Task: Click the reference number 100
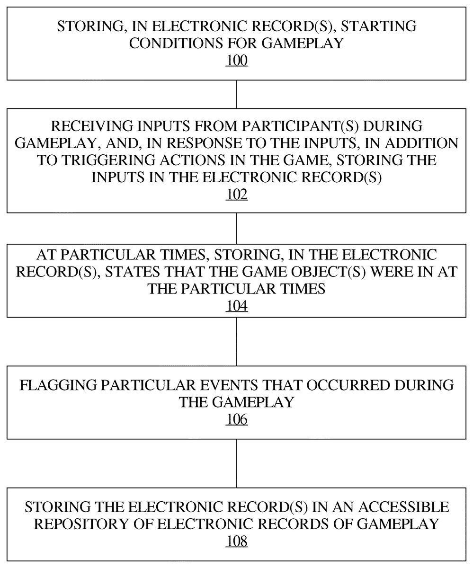237,61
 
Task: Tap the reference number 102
237,194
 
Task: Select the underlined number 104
237,306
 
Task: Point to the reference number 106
237,419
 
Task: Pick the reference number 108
237,541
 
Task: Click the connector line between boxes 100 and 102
237,94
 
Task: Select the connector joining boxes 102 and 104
237,228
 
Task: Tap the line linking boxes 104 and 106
237,341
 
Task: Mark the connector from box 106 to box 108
237,463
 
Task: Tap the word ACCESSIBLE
402,506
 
